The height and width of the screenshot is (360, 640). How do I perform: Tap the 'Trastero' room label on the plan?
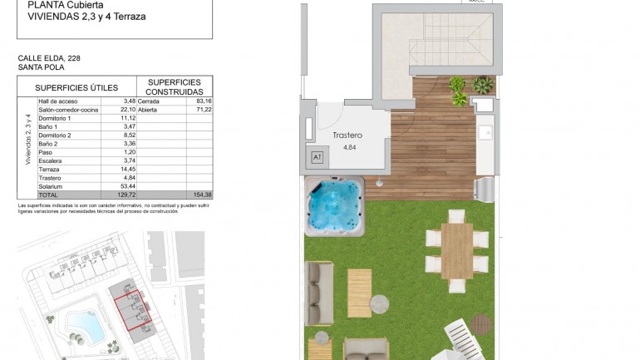click(x=347, y=135)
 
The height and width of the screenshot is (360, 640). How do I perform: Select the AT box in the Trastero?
click(x=317, y=157)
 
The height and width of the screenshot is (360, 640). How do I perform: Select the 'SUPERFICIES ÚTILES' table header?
click(x=76, y=87)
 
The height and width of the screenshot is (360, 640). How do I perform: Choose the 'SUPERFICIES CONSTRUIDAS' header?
click(x=175, y=87)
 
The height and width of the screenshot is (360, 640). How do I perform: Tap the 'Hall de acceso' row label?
click(x=57, y=101)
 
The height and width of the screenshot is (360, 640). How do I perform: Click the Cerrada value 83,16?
click(x=202, y=101)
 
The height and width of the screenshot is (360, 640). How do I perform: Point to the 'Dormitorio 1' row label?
click(x=55, y=118)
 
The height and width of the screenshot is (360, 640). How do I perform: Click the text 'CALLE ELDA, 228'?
click(x=49, y=58)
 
